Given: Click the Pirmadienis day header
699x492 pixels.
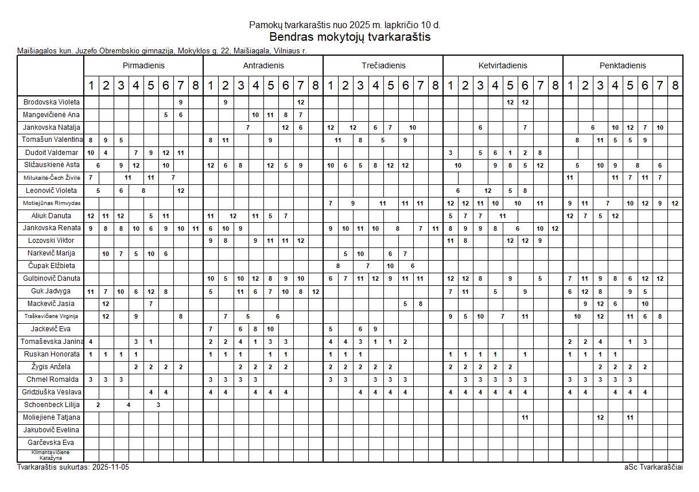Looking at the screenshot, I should (x=143, y=65).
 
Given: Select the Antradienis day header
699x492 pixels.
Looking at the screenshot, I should (x=263, y=65).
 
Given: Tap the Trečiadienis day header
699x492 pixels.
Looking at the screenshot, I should (x=383, y=65).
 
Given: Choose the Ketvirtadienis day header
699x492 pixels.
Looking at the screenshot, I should (x=503, y=65).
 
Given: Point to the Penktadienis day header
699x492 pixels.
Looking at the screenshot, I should (x=623, y=65).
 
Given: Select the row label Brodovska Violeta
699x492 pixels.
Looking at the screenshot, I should (x=52, y=102).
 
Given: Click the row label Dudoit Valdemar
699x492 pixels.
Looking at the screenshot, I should (x=52, y=153).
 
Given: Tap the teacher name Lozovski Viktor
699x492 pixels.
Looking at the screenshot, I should (x=52, y=241).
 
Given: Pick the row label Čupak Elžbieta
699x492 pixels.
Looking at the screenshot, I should (x=52, y=266).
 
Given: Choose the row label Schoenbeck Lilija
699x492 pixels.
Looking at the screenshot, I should (x=52, y=405).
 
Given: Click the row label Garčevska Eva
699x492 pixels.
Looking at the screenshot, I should (x=52, y=443).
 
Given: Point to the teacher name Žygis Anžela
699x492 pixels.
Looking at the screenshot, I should (x=52, y=367).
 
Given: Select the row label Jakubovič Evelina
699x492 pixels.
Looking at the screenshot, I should (x=52, y=430).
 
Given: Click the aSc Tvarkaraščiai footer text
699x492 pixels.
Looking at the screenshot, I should (x=654, y=467).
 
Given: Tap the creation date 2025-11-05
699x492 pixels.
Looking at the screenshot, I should (x=111, y=467).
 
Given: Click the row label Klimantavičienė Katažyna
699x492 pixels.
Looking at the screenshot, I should (x=52, y=455).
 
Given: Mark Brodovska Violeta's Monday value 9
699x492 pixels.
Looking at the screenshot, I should (x=181, y=102).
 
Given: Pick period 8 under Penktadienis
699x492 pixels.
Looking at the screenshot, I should (x=675, y=86).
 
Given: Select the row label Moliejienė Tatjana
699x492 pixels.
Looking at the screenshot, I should (x=52, y=417).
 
